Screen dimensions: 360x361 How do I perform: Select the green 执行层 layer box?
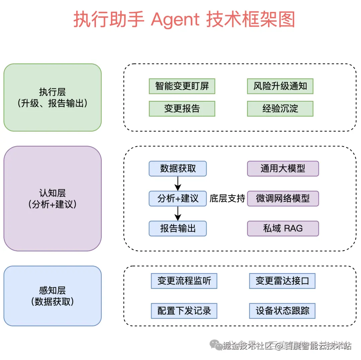pyautogui.click(x=52, y=97)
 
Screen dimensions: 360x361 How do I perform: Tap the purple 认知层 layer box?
pyautogui.click(x=52, y=198)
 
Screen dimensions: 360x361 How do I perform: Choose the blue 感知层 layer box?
pyautogui.click(x=52, y=296)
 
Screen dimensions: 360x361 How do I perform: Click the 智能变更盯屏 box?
pyautogui.click(x=182, y=86)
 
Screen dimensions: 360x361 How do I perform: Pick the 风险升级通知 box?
pyautogui.click(x=280, y=86)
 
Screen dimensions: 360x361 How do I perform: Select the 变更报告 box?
pyautogui.click(x=182, y=109)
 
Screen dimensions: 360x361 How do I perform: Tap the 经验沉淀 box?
pyautogui.click(x=280, y=109)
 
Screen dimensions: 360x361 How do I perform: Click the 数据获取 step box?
pyautogui.click(x=178, y=169)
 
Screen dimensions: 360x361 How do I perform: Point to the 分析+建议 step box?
pyautogui.click(x=178, y=198)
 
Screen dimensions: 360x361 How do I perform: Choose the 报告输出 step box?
pyautogui.click(x=178, y=228)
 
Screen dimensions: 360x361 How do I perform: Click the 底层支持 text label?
pyautogui.click(x=227, y=198)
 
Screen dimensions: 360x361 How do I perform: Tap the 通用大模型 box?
pyautogui.click(x=283, y=169)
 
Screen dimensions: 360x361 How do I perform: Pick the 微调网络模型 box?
pyautogui.click(x=283, y=198)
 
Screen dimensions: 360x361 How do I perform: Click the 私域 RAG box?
pyautogui.click(x=283, y=228)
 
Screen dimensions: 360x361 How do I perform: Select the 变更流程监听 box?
pyautogui.click(x=184, y=281)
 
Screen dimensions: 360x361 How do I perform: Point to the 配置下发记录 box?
pyautogui.click(x=184, y=311)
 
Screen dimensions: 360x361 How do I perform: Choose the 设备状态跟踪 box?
pyautogui.click(x=282, y=311)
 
